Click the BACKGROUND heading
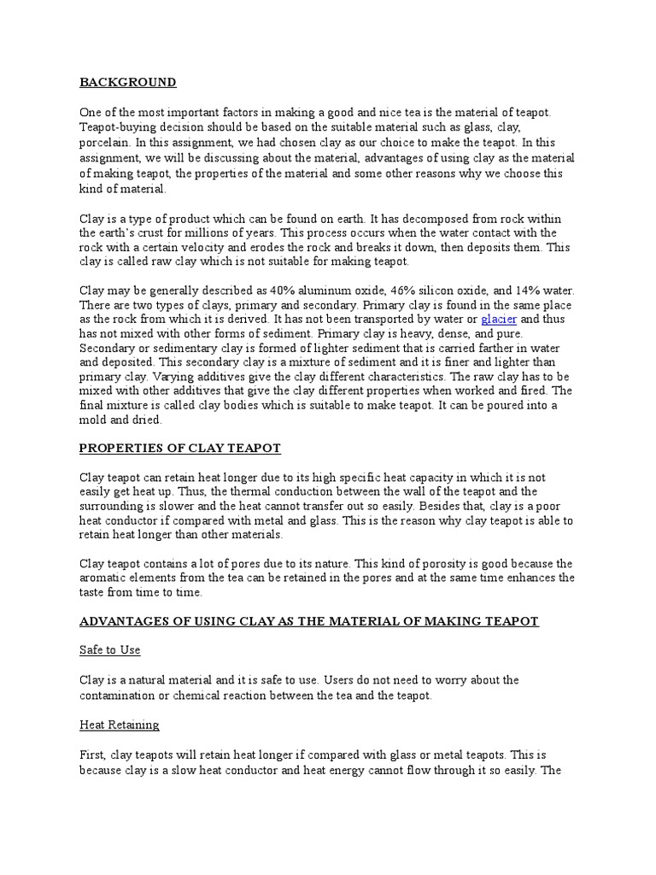coord(128,83)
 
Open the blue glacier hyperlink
coord(500,320)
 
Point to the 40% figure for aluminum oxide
coord(275,291)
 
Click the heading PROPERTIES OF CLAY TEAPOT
coord(180,449)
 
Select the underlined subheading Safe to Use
coord(110,650)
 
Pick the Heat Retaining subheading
coord(120,725)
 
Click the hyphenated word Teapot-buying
coord(119,127)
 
